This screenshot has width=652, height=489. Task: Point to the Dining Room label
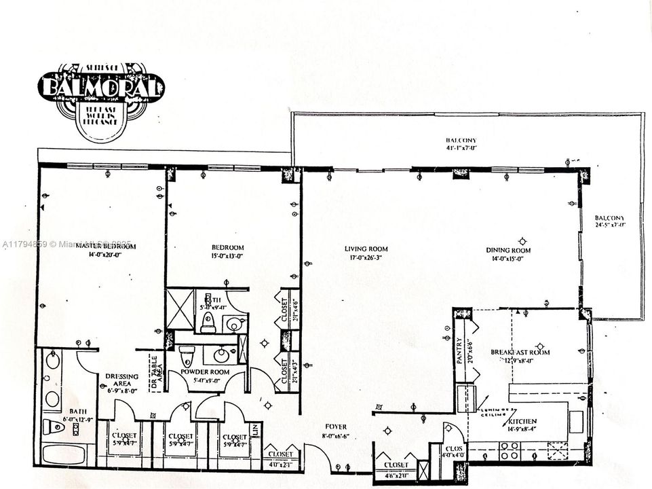(508, 250)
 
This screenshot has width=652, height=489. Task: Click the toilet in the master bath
(54, 427)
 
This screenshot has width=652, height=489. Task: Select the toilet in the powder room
(187, 355)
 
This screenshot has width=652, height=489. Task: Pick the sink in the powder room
(222, 355)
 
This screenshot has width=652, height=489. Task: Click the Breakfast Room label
(520, 352)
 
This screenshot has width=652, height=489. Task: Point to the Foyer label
(335, 427)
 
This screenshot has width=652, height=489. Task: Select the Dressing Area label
(123, 376)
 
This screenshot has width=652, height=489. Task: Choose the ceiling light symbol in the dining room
(522, 240)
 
